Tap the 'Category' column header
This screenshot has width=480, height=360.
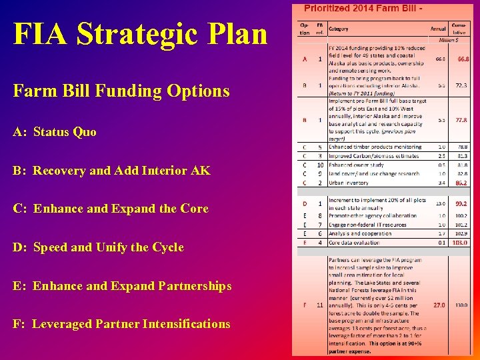tap(338, 29)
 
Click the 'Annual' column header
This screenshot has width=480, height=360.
tap(438, 29)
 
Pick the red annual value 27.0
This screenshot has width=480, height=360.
tap(439, 305)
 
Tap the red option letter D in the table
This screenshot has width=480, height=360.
tap(305, 203)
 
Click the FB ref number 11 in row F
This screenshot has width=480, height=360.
tap(320, 305)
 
